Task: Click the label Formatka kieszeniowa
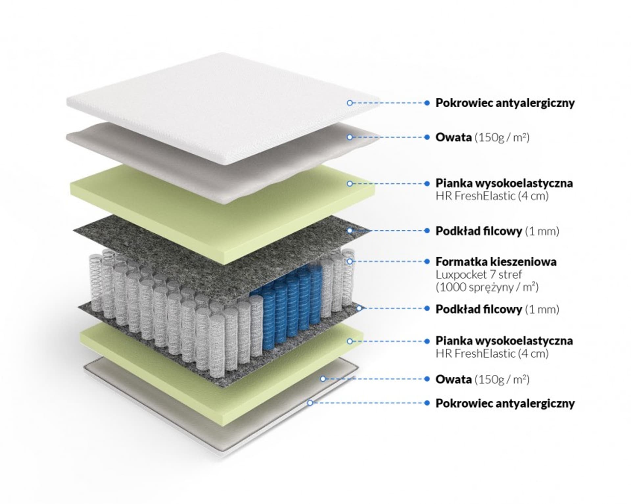[496, 262]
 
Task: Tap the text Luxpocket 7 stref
[479, 274]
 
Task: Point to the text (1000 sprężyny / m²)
[487, 287]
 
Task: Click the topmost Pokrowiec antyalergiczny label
[505, 103]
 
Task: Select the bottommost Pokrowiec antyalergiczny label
[505, 403]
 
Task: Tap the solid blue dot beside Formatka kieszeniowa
[427, 262]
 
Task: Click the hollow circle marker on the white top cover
[350, 103]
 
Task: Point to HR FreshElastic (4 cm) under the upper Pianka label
[492, 196]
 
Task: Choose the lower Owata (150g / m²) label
[482, 379]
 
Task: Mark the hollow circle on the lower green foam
[350, 341]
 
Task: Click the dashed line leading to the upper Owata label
[388, 137]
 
